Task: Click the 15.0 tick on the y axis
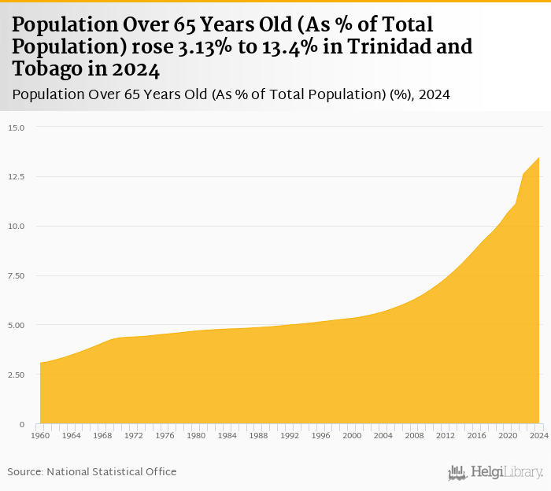[17, 127]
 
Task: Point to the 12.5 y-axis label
[17, 177]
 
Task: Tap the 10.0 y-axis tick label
[17, 227]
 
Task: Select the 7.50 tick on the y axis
[17, 276]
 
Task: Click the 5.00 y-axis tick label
[17, 325]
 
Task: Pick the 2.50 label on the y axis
[17, 375]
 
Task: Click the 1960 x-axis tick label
[40, 435]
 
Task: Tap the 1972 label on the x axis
[134, 435]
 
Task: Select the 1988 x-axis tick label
[258, 435]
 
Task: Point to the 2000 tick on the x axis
[352, 435]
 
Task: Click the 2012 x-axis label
[446, 435]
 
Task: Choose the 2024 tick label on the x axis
[538, 435]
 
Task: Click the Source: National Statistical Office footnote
[92, 471]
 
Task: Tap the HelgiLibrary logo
[495, 472]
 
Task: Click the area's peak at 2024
[538, 158]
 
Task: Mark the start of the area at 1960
[41, 363]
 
